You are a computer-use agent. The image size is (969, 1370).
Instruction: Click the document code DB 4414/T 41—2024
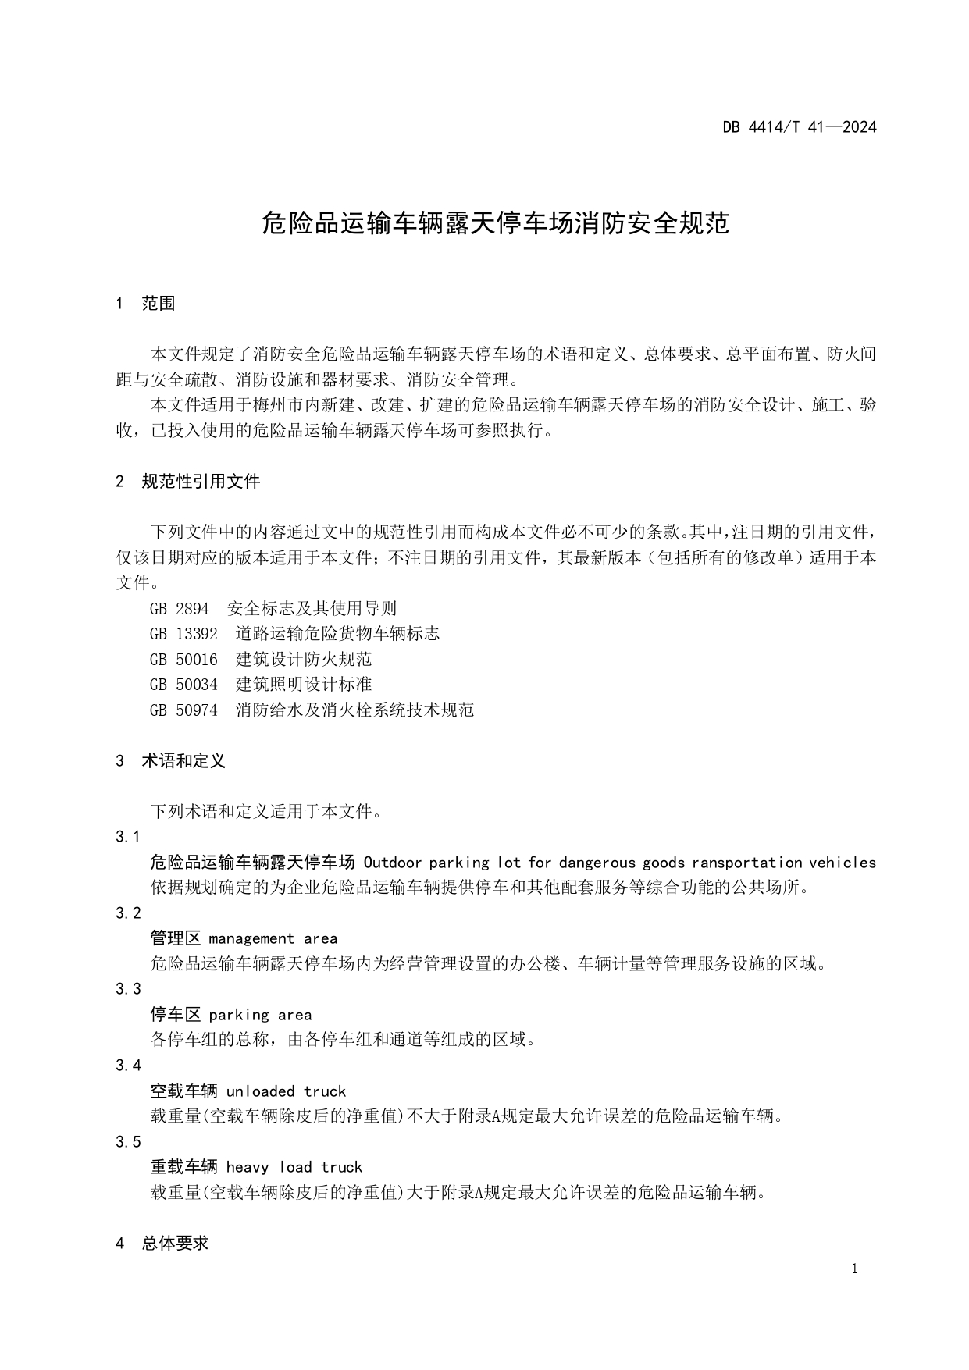799,127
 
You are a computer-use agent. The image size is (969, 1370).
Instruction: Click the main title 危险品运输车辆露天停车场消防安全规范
495,224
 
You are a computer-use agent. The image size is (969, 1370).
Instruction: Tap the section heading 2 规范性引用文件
187,482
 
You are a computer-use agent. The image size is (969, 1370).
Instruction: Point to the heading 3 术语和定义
170,761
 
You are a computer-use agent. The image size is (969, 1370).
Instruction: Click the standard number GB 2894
179,609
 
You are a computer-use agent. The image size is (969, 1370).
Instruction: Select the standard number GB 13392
183,634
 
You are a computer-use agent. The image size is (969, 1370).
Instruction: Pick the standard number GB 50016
183,660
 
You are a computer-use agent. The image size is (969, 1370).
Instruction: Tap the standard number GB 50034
183,685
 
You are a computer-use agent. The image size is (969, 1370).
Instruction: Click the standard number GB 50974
183,710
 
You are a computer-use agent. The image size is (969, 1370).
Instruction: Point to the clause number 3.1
128,837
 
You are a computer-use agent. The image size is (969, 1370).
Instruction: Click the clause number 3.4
128,1066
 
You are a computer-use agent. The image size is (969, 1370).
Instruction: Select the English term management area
273,939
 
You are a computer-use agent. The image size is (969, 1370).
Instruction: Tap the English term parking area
260,1015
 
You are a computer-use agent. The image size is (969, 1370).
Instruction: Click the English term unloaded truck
286,1091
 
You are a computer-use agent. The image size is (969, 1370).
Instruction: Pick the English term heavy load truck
294,1167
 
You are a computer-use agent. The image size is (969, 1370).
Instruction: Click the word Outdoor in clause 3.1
392,863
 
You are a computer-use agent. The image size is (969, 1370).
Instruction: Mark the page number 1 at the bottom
854,1269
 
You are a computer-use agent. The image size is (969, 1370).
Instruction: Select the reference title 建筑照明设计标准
304,685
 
